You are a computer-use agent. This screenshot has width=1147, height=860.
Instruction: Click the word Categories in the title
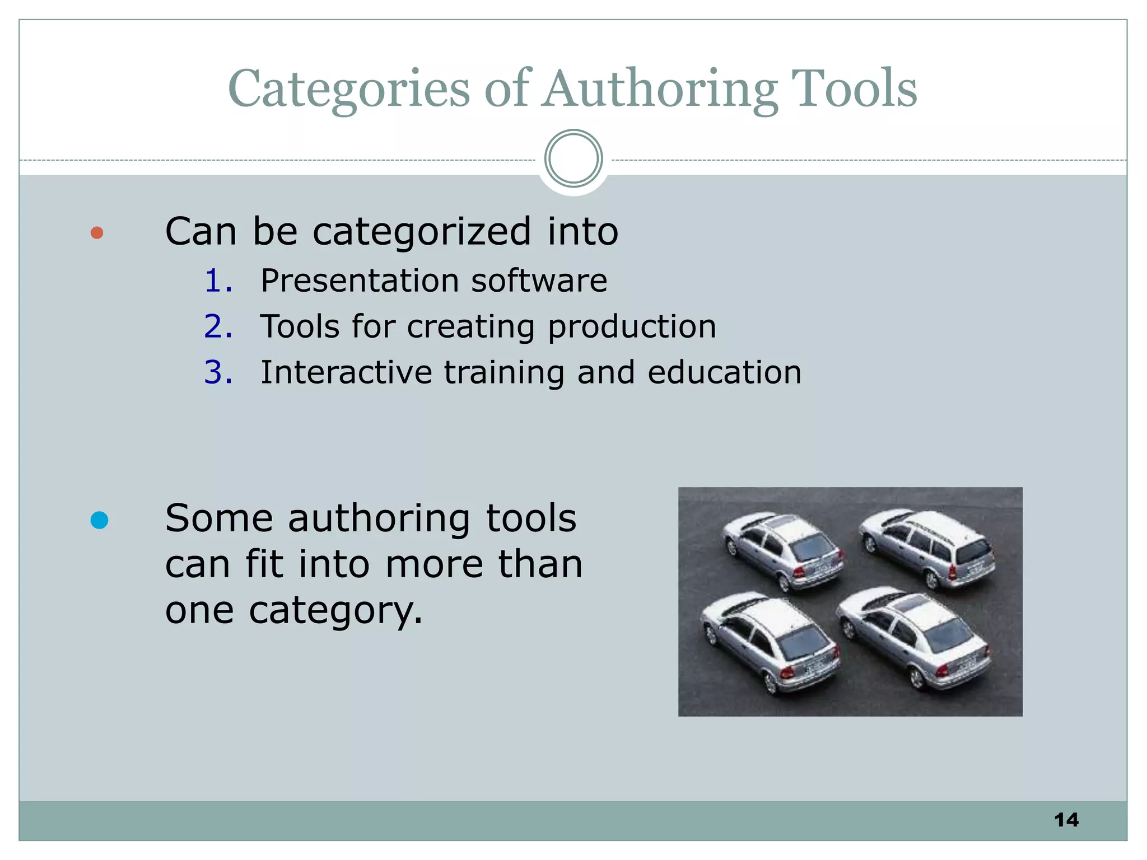(x=348, y=90)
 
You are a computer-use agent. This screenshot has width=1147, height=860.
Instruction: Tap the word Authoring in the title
(x=660, y=90)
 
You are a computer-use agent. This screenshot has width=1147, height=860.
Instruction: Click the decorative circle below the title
(x=573, y=158)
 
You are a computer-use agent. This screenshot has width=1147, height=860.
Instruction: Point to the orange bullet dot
(x=97, y=232)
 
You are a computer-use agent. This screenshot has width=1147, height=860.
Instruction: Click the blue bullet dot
(x=99, y=520)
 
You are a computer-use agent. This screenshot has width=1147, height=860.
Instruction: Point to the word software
(x=539, y=281)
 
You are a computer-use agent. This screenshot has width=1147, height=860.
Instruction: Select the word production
(x=632, y=328)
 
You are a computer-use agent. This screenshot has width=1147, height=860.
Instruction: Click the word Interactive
(x=346, y=372)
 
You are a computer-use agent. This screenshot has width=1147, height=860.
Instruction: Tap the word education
(x=724, y=372)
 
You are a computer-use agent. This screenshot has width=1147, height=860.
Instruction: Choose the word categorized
(x=421, y=232)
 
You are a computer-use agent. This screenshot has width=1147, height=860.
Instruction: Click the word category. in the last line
(x=335, y=611)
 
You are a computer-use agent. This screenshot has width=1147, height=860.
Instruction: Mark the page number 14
(x=1066, y=820)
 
